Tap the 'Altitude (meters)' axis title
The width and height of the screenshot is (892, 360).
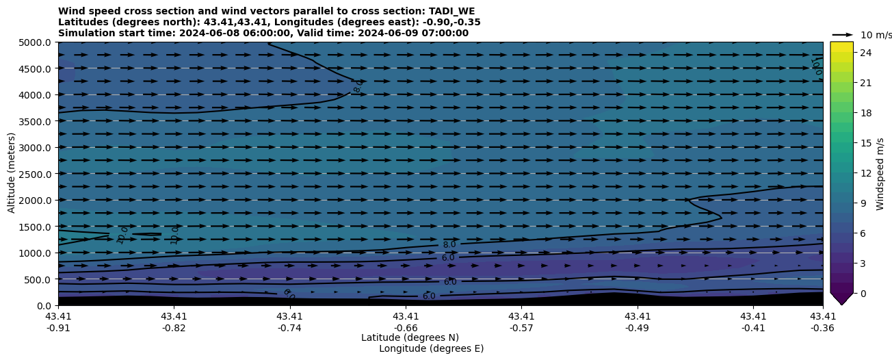[12, 174]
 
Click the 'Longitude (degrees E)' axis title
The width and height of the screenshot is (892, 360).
[431, 348]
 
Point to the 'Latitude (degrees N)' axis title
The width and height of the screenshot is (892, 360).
[410, 337]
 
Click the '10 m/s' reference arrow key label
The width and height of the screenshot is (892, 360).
[876, 35]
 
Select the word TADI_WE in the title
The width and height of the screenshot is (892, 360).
[451, 11]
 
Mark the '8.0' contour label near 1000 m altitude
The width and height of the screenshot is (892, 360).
[449, 245]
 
